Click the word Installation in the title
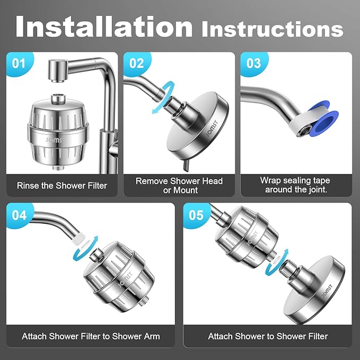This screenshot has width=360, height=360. (x=104, y=27)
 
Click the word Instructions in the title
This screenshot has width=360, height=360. (x=272, y=29)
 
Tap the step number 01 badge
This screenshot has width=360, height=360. (x=19, y=64)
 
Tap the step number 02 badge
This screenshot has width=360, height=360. (x=136, y=64)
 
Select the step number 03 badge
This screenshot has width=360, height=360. (x=253, y=64)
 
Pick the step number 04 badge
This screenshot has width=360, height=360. (x=19, y=215)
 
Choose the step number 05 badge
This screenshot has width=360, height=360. (x=196, y=215)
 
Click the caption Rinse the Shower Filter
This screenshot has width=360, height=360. (x=62, y=186)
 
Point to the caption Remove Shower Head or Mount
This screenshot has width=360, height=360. (x=179, y=185)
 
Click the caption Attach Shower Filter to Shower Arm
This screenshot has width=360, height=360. (x=91, y=336)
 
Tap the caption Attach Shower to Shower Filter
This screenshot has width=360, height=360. (x=268, y=336)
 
